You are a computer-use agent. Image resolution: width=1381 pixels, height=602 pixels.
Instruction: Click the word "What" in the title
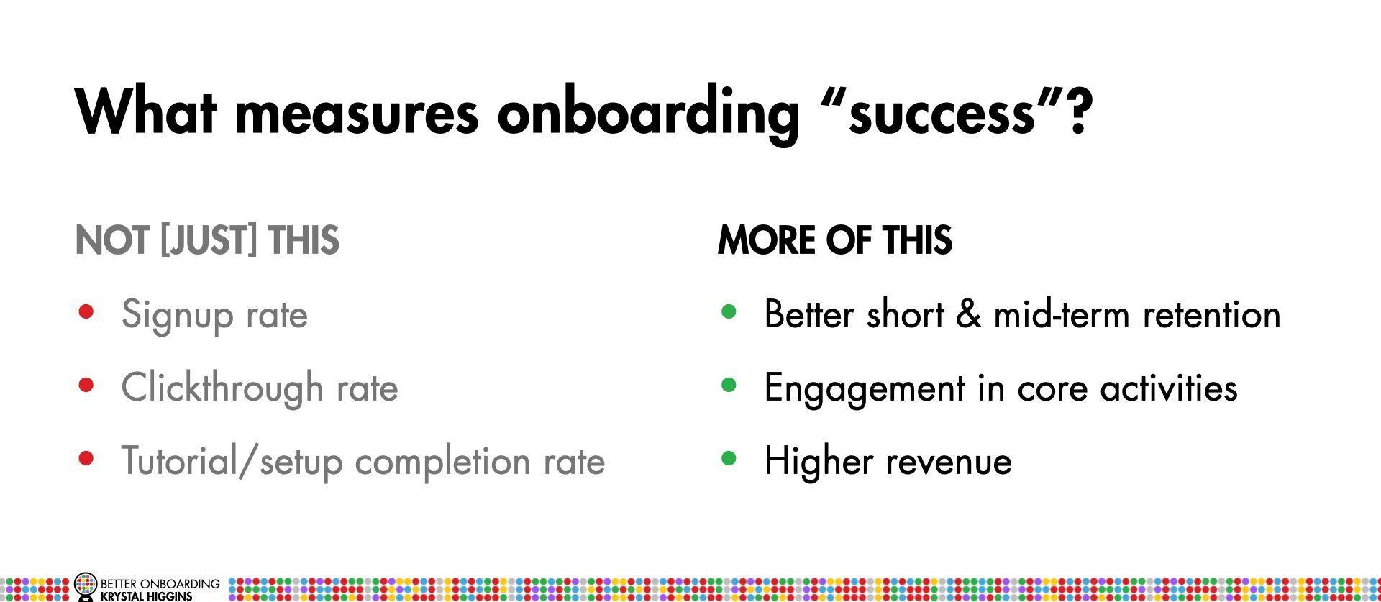point(146,111)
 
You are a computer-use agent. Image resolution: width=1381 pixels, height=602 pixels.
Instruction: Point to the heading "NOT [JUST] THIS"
point(207,240)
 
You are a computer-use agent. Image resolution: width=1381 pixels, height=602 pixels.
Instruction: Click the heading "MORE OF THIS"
point(835,240)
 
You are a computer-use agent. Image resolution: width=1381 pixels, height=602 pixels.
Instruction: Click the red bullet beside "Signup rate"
point(86,312)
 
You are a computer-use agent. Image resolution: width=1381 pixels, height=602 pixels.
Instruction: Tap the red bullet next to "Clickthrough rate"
point(86,386)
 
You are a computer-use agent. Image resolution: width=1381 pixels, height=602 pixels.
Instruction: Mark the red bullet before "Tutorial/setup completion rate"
point(86,459)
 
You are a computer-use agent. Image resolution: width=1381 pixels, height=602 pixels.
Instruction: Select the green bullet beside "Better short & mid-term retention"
point(729,312)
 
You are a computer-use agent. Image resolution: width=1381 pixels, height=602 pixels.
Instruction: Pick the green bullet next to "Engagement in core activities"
point(729,386)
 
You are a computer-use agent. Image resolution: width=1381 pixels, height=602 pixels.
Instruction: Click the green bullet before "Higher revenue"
point(729,459)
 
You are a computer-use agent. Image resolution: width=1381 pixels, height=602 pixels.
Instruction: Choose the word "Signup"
point(178,316)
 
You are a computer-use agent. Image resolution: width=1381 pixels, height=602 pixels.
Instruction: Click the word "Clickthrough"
point(222,389)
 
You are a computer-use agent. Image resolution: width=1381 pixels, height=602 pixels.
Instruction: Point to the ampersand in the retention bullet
point(969,314)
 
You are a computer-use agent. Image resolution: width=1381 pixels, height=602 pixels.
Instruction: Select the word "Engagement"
point(864,389)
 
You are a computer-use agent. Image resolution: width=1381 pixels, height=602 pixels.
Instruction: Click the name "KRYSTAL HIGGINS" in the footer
point(147,596)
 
